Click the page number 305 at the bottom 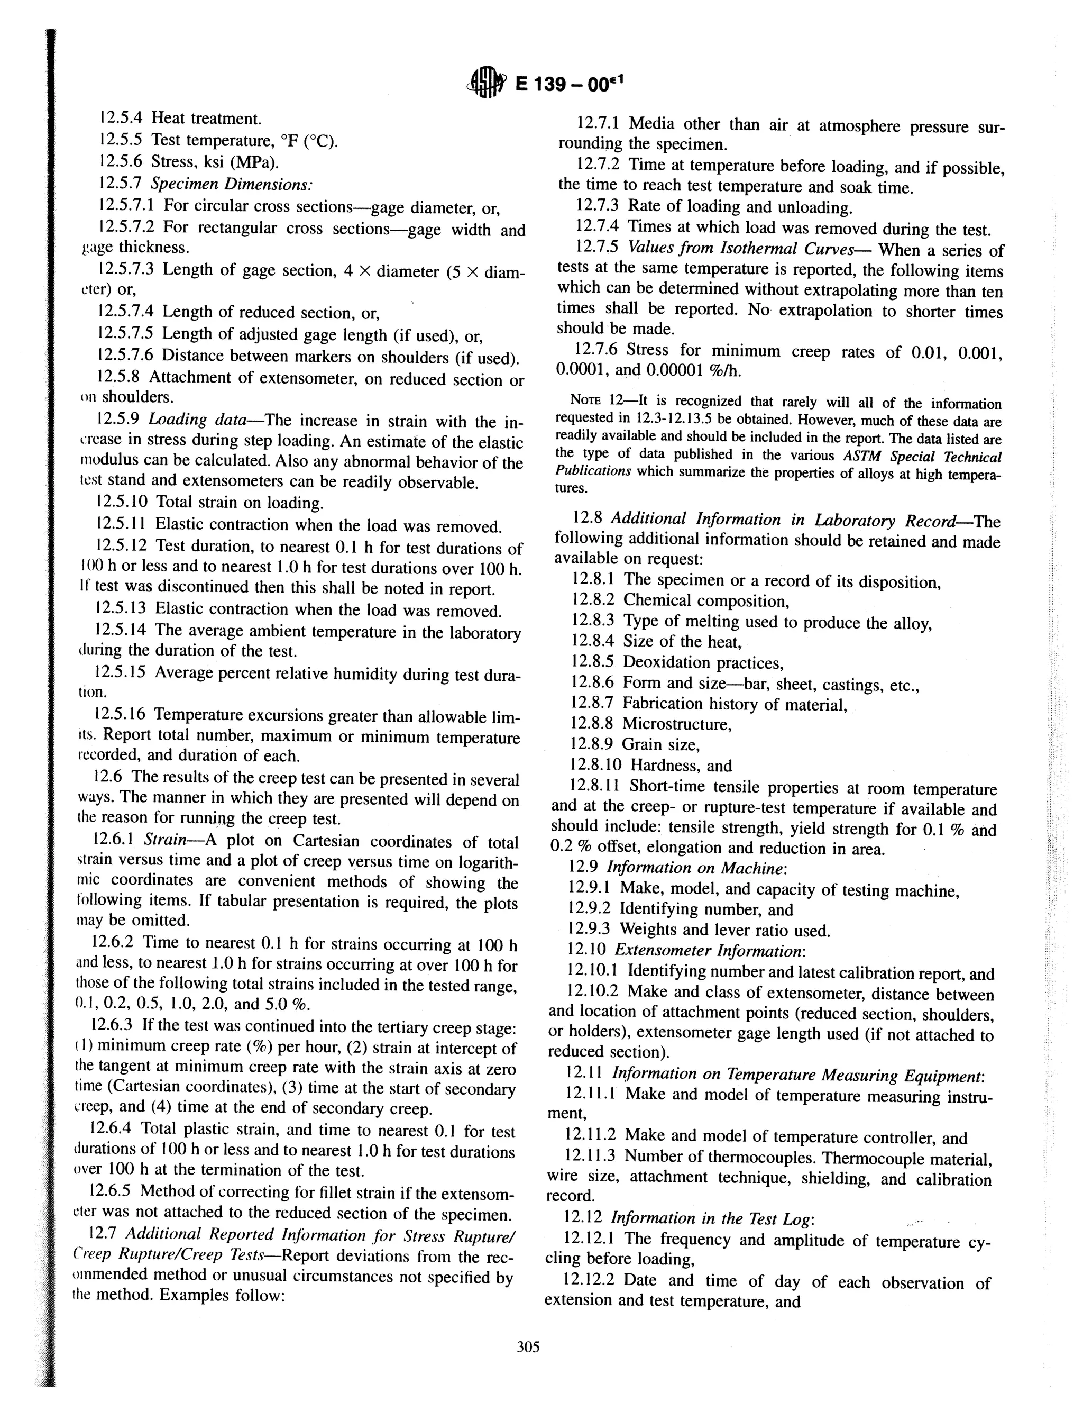528,1346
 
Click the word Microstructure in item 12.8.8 676,724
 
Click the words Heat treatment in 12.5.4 206,119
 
